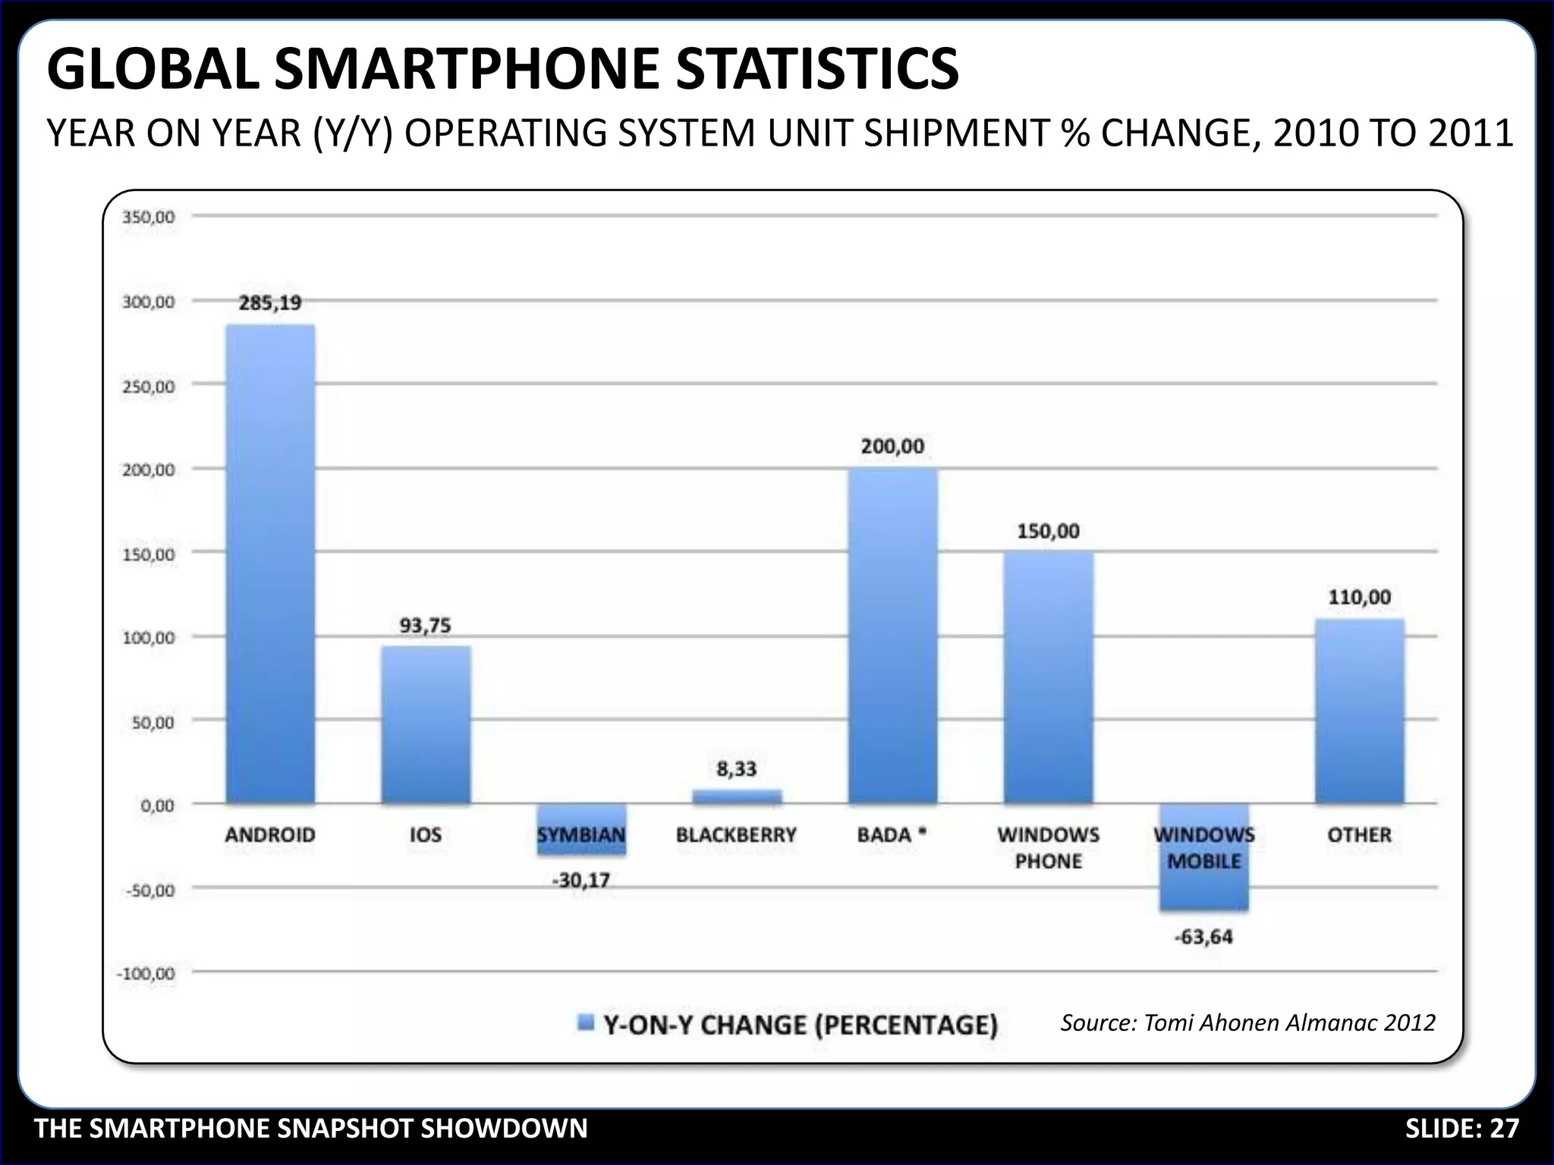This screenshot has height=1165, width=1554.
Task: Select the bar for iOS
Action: [426, 724]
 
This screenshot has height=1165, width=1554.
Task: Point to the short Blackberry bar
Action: [736, 796]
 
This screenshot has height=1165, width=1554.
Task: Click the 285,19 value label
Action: [270, 303]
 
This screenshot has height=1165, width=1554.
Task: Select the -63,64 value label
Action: [1203, 937]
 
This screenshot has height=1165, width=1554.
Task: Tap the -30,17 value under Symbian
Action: [581, 881]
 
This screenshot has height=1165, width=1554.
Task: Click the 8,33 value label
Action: [736, 769]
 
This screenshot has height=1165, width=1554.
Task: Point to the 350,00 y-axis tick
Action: [148, 217]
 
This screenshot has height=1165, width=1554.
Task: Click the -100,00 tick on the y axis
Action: [146, 973]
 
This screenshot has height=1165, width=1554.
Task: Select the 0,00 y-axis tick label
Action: [157, 805]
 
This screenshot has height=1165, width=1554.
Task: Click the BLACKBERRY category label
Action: [736, 835]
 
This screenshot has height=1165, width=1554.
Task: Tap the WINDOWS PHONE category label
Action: [1048, 848]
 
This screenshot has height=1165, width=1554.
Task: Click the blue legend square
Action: [586, 1023]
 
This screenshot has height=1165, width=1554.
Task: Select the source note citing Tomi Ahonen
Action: [1247, 1023]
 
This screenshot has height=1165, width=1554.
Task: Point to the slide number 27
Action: [1504, 1129]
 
